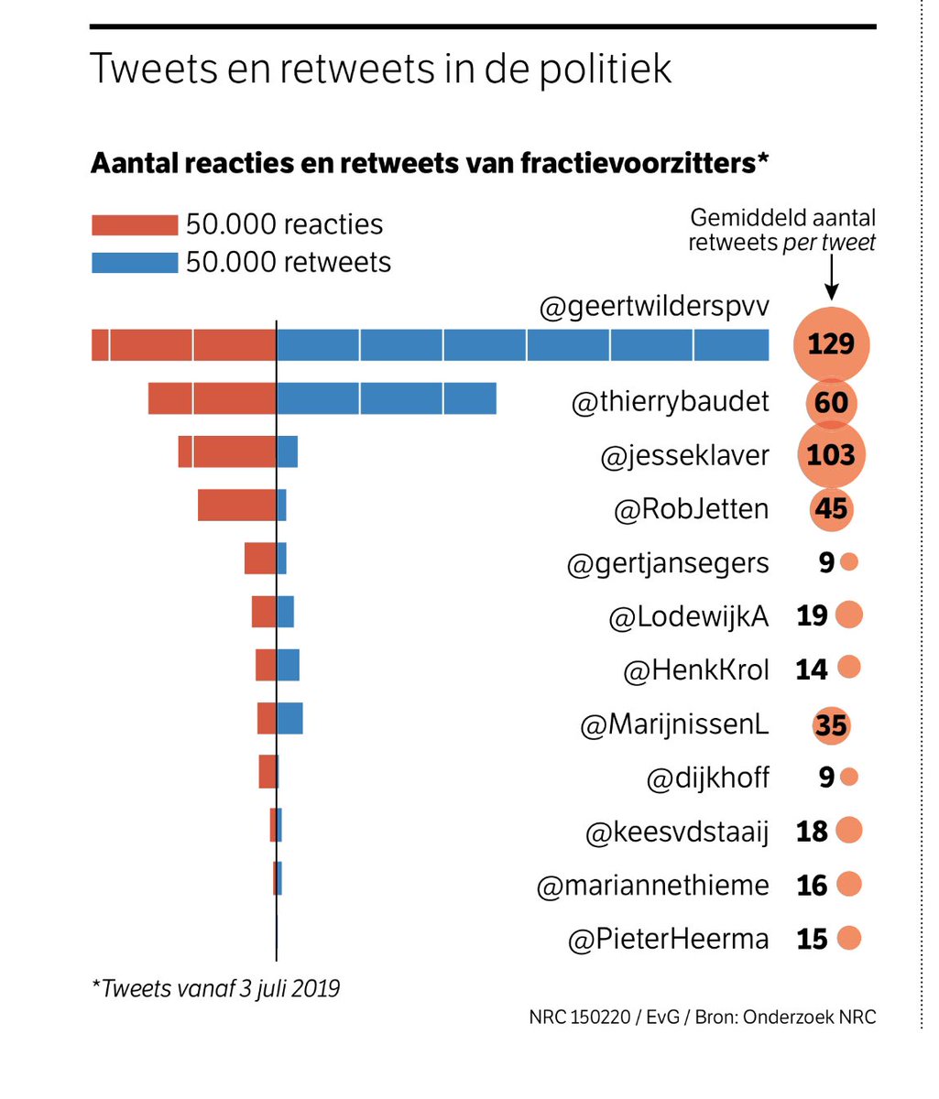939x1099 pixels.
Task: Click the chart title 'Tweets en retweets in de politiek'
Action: point(381,70)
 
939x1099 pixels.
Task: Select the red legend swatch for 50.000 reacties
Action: point(135,225)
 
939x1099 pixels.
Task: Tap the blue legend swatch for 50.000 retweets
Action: point(135,263)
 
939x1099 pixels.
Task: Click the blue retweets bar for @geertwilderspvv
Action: point(522,344)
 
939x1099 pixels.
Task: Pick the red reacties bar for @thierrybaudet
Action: point(212,398)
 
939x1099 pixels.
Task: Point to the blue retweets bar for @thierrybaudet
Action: point(386,398)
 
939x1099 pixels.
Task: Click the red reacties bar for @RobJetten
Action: point(236,506)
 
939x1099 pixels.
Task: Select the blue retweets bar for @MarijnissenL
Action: point(289,718)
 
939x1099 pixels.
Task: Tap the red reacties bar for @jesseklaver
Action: point(227,452)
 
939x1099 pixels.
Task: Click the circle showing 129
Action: point(831,344)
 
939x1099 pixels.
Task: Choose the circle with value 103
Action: point(831,455)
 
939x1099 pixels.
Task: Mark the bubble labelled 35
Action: point(831,725)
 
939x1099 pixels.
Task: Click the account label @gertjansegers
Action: point(668,563)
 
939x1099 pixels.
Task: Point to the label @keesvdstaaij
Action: point(677,832)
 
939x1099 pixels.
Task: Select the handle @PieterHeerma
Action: point(669,940)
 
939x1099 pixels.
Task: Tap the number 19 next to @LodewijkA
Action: point(812,615)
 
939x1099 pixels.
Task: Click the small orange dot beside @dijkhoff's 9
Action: point(849,778)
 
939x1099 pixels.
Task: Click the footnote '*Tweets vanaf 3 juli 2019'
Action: point(215,989)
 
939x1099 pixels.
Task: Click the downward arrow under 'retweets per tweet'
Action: point(831,278)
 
